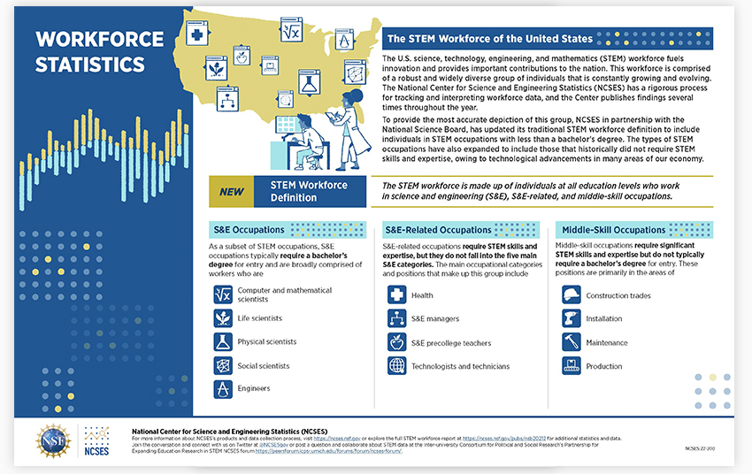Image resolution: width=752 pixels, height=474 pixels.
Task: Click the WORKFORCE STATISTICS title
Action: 100,51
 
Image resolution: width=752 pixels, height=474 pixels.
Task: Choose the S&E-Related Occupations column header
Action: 440,229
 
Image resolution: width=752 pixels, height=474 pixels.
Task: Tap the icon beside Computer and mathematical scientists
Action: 222,294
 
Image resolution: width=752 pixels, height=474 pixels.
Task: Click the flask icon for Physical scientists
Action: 222,341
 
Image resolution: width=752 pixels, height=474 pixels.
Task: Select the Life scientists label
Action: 260,318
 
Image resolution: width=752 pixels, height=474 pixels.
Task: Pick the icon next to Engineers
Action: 222,389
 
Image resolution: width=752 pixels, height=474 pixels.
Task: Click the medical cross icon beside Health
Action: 396,295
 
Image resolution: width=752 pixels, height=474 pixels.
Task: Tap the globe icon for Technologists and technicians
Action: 396,366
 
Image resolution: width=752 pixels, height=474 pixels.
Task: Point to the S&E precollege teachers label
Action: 451,343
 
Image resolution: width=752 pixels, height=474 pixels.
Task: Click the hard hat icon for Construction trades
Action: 572,295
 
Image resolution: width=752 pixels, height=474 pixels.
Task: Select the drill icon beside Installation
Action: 572,318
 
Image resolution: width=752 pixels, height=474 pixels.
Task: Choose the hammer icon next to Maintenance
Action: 572,342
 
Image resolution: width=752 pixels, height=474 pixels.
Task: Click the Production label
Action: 604,366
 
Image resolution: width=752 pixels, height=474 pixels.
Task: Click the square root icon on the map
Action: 289,31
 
